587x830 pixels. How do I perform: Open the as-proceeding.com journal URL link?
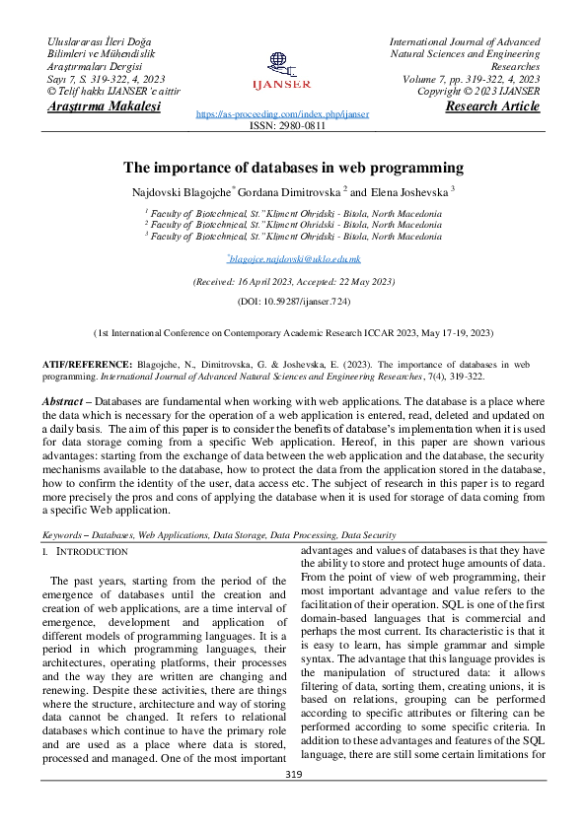point(282,114)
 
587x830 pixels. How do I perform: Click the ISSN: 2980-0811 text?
point(292,127)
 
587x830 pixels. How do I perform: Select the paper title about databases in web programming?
point(293,168)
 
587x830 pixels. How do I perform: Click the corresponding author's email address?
point(294,258)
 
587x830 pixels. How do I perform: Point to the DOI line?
point(293,300)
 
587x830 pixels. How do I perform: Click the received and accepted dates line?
point(293,281)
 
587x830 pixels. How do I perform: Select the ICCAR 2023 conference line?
point(293,334)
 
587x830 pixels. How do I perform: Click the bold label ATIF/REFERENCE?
point(86,364)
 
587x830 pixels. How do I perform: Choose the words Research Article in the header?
point(492,106)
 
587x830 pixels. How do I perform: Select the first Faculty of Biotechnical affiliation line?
point(293,212)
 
